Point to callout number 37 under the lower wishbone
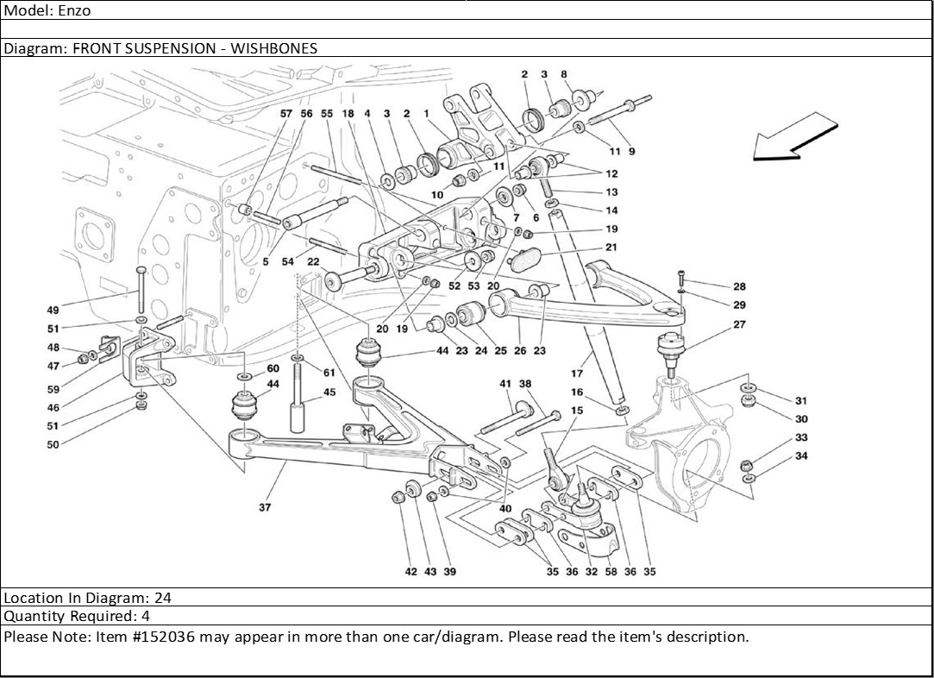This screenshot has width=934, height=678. pos(265,507)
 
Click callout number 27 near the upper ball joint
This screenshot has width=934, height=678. pos(739,325)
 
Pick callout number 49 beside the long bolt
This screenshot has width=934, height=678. pos(53,310)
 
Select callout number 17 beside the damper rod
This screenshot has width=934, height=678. pos(577,374)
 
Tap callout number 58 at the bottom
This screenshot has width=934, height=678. pos(611,571)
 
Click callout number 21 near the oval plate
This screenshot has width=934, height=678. pos(611,247)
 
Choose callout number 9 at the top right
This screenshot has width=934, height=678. pos(631,152)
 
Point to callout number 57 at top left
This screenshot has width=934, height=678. pos(286,114)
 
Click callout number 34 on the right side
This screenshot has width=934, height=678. pos(801,456)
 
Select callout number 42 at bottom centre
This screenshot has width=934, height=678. pos(411,571)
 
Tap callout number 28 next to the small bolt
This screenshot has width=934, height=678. pos(739,286)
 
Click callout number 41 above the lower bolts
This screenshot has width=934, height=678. pos(505,384)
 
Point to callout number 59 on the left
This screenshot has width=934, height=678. pos(53,389)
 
